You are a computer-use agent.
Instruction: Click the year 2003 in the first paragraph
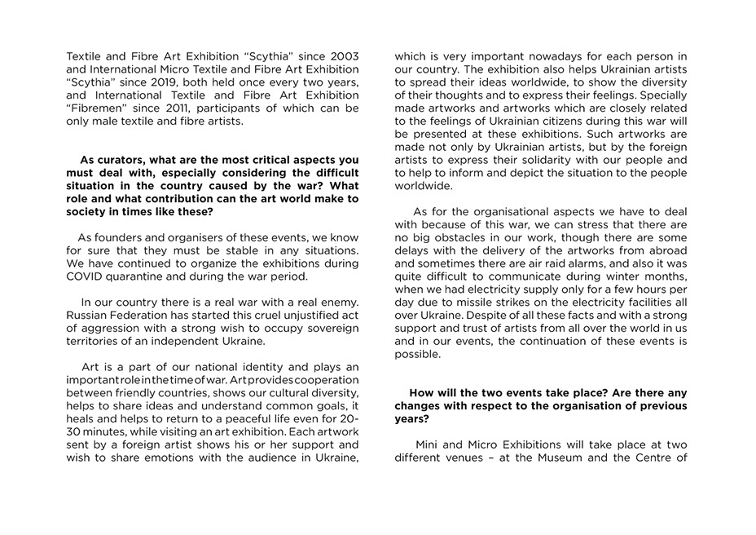[341, 57]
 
